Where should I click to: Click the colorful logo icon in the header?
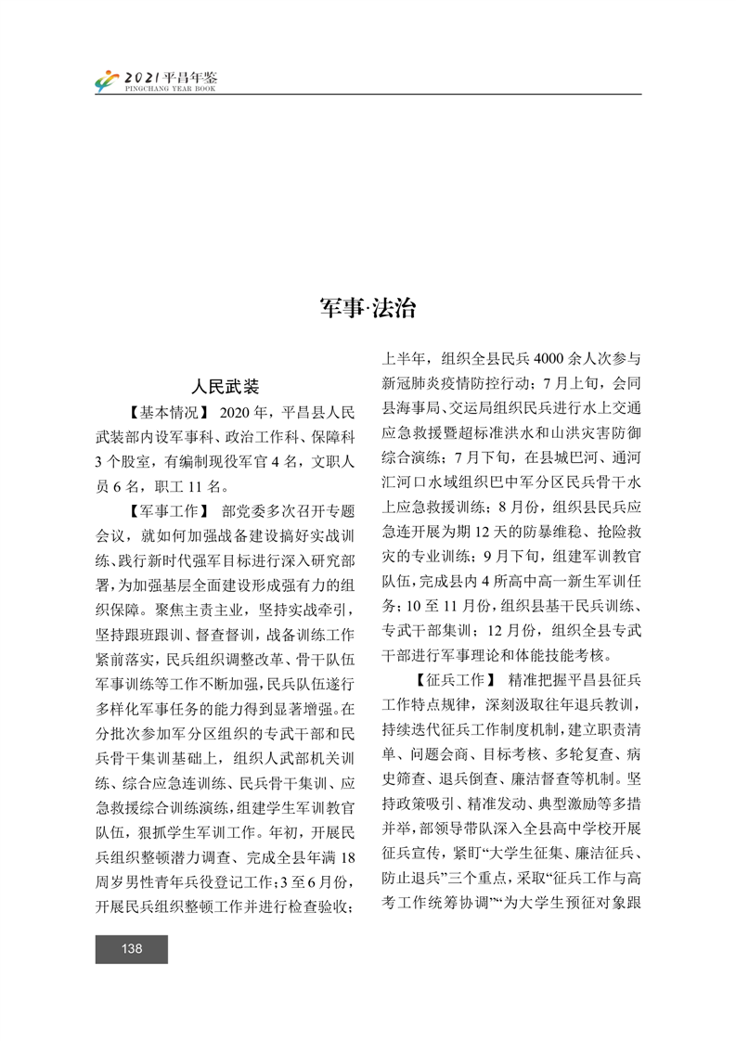coord(107,81)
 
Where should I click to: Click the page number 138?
coord(131,948)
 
